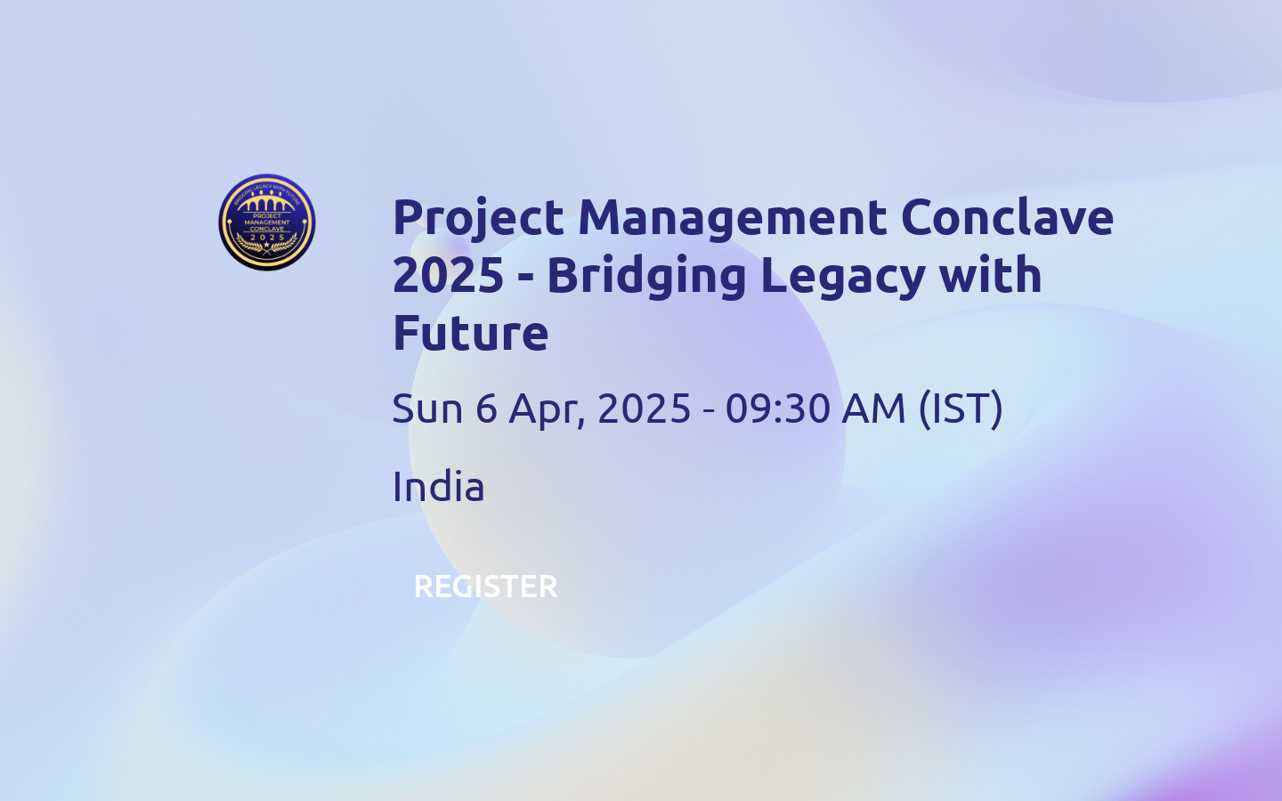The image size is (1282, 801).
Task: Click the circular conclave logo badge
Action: point(267,222)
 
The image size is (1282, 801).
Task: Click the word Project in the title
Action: point(478,218)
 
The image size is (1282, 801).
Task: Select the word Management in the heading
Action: point(733,218)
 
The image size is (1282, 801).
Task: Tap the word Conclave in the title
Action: point(1007,218)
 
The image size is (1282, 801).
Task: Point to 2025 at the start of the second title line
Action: point(448,275)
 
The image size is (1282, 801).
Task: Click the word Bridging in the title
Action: point(646,275)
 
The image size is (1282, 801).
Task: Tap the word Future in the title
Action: point(470,333)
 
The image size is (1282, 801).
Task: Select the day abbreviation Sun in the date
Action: point(427,409)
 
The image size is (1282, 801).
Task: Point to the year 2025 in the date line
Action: point(644,409)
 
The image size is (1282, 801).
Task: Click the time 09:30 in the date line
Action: point(777,409)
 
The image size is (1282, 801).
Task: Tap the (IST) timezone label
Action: point(961,409)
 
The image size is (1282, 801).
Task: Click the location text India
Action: point(438,487)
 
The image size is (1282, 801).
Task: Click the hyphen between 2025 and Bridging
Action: point(525,277)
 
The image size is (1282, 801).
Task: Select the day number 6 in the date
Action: point(486,409)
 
